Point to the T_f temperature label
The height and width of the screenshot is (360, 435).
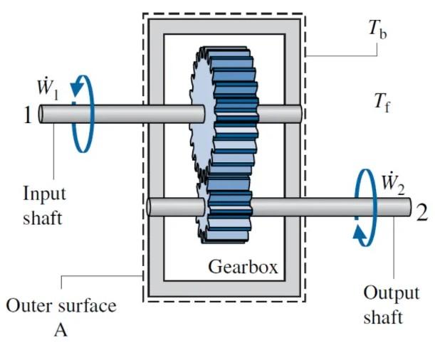[381, 101]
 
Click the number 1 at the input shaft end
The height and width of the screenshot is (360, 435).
[26, 114]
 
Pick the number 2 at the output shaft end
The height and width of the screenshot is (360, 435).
[421, 211]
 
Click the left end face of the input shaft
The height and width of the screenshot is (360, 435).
[42, 114]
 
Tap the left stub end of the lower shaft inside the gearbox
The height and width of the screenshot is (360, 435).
[151, 207]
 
